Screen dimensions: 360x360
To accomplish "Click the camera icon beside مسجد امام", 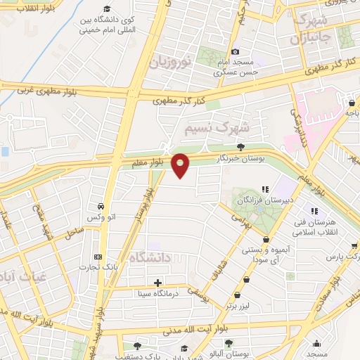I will [x=235, y=51].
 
